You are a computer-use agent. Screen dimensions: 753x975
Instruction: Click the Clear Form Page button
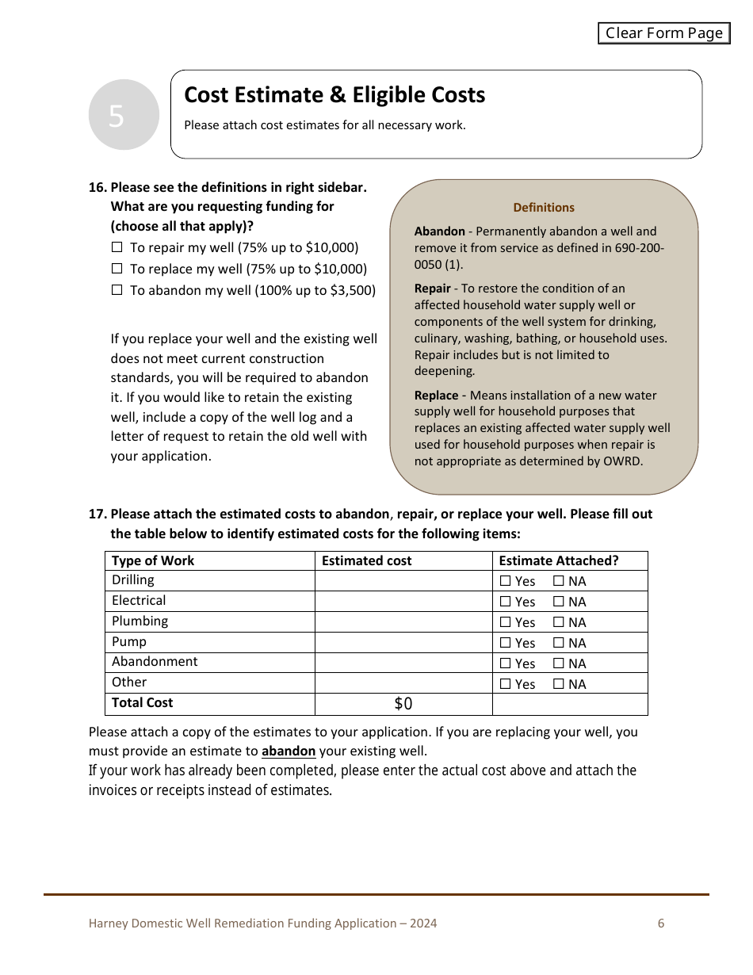tap(663, 33)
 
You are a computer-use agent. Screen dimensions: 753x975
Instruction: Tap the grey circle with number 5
tap(124, 115)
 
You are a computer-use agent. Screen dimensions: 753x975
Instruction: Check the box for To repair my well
tap(117, 247)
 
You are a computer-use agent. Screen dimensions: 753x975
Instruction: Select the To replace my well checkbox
tap(117, 269)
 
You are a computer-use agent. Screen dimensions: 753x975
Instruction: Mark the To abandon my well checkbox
tap(117, 290)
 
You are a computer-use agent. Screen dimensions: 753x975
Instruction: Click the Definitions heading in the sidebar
tap(544, 208)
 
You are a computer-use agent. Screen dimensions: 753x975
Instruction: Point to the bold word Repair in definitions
tap(432, 289)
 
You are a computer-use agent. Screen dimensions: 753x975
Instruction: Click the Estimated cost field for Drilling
tap(403, 580)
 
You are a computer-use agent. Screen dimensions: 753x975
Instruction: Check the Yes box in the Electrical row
tap(506, 602)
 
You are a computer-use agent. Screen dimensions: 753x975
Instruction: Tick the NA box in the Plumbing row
tap(559, 622)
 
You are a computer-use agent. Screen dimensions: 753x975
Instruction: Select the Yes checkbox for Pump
tap(506, 643)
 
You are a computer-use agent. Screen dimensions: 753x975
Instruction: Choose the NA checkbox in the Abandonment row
tap(559, 663)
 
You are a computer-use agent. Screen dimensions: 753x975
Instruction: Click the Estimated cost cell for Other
tap(403, 683)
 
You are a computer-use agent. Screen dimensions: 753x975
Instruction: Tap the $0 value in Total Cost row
tap(403, 704)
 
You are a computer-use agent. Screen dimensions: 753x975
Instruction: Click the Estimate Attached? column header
tap(558, 560)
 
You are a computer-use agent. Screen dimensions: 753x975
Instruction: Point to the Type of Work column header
tap(153, 560)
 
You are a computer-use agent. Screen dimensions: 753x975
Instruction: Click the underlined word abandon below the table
tap(289, 751)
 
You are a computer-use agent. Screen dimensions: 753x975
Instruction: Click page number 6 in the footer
tap(661, 923)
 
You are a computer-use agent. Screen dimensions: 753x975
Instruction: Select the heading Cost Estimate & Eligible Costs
tap(334, 95)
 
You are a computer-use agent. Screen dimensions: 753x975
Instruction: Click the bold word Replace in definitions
tap(436, 395)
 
